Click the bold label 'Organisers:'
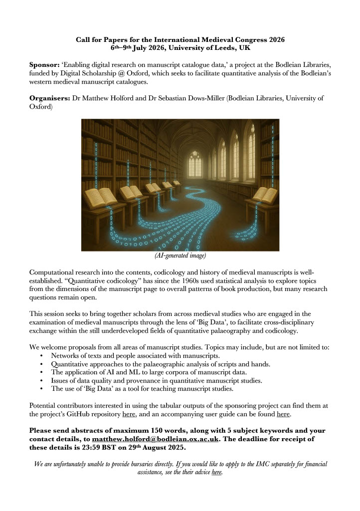coord(50,98)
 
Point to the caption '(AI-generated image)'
coord(180,256)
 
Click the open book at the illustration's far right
coord(265,195)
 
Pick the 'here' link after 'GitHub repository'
coord(129,414)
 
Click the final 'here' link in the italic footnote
coord(216,472)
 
